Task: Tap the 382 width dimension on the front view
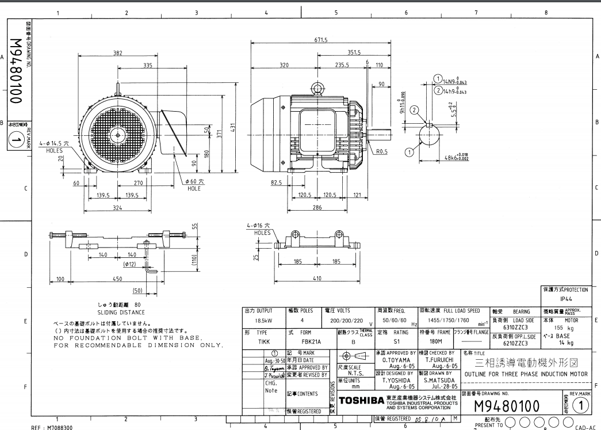pyautogui.click(x=117, y=53)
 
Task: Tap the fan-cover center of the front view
pyautogui.click(x=117, y=135)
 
